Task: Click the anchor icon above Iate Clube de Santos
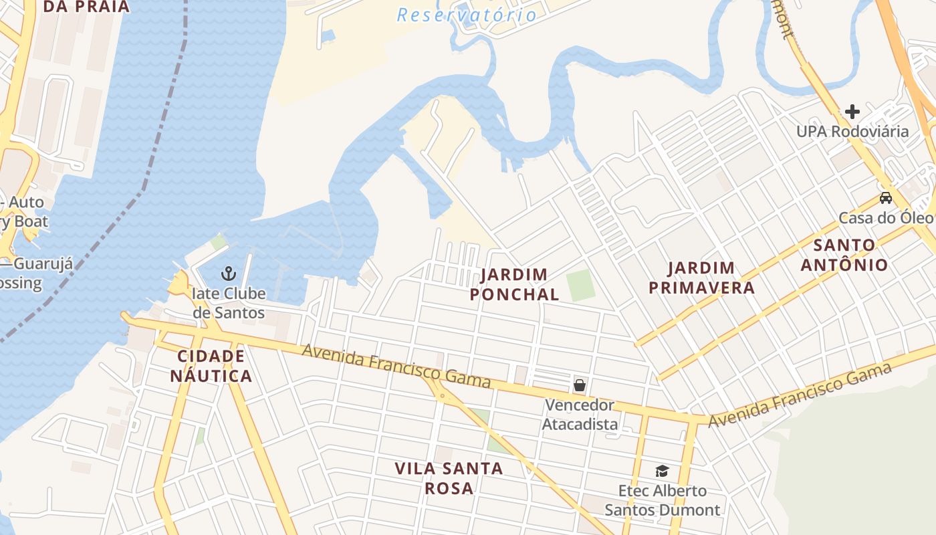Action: tap(229, 273)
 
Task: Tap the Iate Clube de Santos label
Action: tap(229, 303)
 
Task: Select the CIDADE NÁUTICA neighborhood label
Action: tap(211, 366)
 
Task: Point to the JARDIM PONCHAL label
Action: tap(514, 284)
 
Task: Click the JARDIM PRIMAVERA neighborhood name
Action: tap(711, 278)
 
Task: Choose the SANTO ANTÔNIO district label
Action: tap(844, 255)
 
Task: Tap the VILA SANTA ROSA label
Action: tap(449, 478)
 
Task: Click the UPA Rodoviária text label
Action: tap(852, 131)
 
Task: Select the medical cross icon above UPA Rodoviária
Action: tap(852, 111)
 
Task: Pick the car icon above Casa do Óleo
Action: tap(886, 198)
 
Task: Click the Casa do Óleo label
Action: tap(885, 218)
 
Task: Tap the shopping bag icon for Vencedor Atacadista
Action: tap(580, 385)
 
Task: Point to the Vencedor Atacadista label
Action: tap(580, 415)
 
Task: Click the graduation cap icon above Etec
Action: tap(662, 471)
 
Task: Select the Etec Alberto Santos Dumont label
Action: tap(662, 500)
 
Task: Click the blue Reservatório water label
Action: tap(467, 15)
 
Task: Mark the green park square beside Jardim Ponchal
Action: tap(581, 285)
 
